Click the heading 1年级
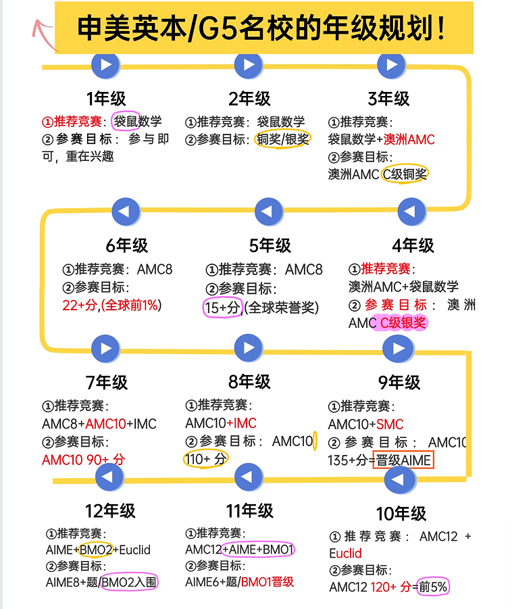pos(106,99)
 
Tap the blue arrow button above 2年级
pos(249,65)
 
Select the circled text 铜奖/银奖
pos(282,139)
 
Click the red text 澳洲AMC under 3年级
pos(409,139)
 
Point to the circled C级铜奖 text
pos(405,174)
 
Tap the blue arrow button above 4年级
pos(412,212)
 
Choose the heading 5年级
pos(270,245)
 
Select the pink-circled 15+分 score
pos(222,308)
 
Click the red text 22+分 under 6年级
pos(80,306)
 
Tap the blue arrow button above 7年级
pos(105,348)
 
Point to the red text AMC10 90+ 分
pos(84,460)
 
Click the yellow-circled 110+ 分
pos(206,459)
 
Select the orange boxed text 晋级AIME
pos(403,460)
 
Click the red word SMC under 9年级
pos(390,424)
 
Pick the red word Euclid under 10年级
pos(345,553)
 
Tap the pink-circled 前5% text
pos(433,587)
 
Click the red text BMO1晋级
pos(267,582)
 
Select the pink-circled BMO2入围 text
pos(129,582)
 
